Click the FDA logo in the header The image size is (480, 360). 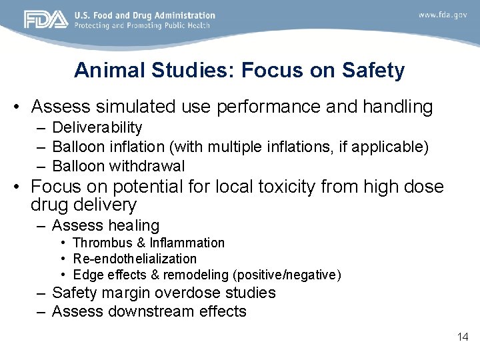46,19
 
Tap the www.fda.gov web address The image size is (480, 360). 443,14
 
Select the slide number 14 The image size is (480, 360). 463,337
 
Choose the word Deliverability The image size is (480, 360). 97,127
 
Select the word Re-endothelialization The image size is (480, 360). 135,259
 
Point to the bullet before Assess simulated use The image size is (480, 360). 20,107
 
